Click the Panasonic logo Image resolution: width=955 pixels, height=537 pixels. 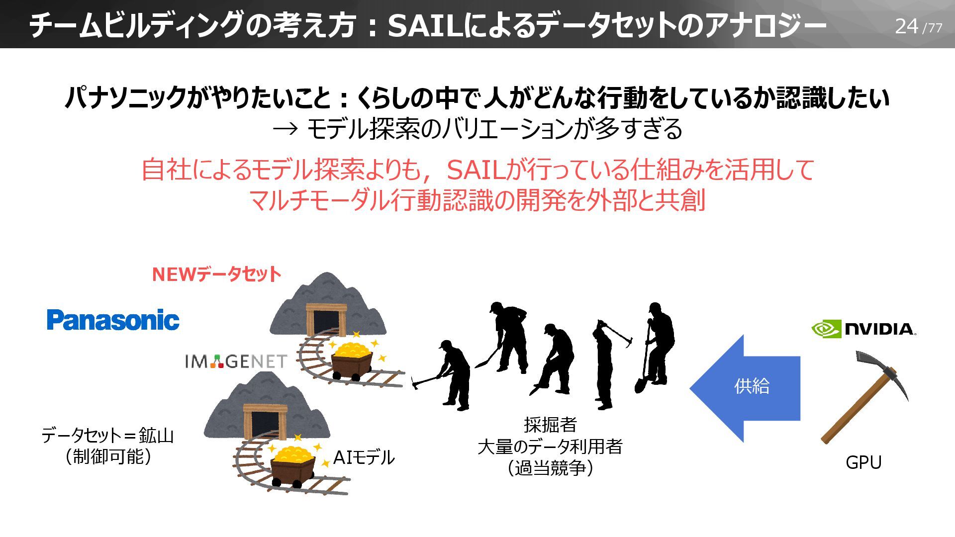click(113, 320)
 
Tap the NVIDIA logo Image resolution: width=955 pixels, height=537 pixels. click(863, 329)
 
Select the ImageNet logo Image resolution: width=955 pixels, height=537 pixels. click(236, 361)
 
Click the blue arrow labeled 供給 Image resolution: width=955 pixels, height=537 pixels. click(746, 387)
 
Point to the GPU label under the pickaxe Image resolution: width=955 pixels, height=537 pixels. click(863, 462)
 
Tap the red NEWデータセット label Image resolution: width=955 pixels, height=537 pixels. click(216, 274)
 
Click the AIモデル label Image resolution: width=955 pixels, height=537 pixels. click(364, 457)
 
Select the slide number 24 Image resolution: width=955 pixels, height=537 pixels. click(906, 26)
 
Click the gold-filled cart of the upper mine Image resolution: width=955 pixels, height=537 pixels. click(352, 358)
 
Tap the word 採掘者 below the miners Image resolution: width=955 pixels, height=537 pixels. click(550, 425)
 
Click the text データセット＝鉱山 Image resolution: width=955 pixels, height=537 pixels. click(107, 436)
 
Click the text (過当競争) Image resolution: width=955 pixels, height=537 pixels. click(550, 468)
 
